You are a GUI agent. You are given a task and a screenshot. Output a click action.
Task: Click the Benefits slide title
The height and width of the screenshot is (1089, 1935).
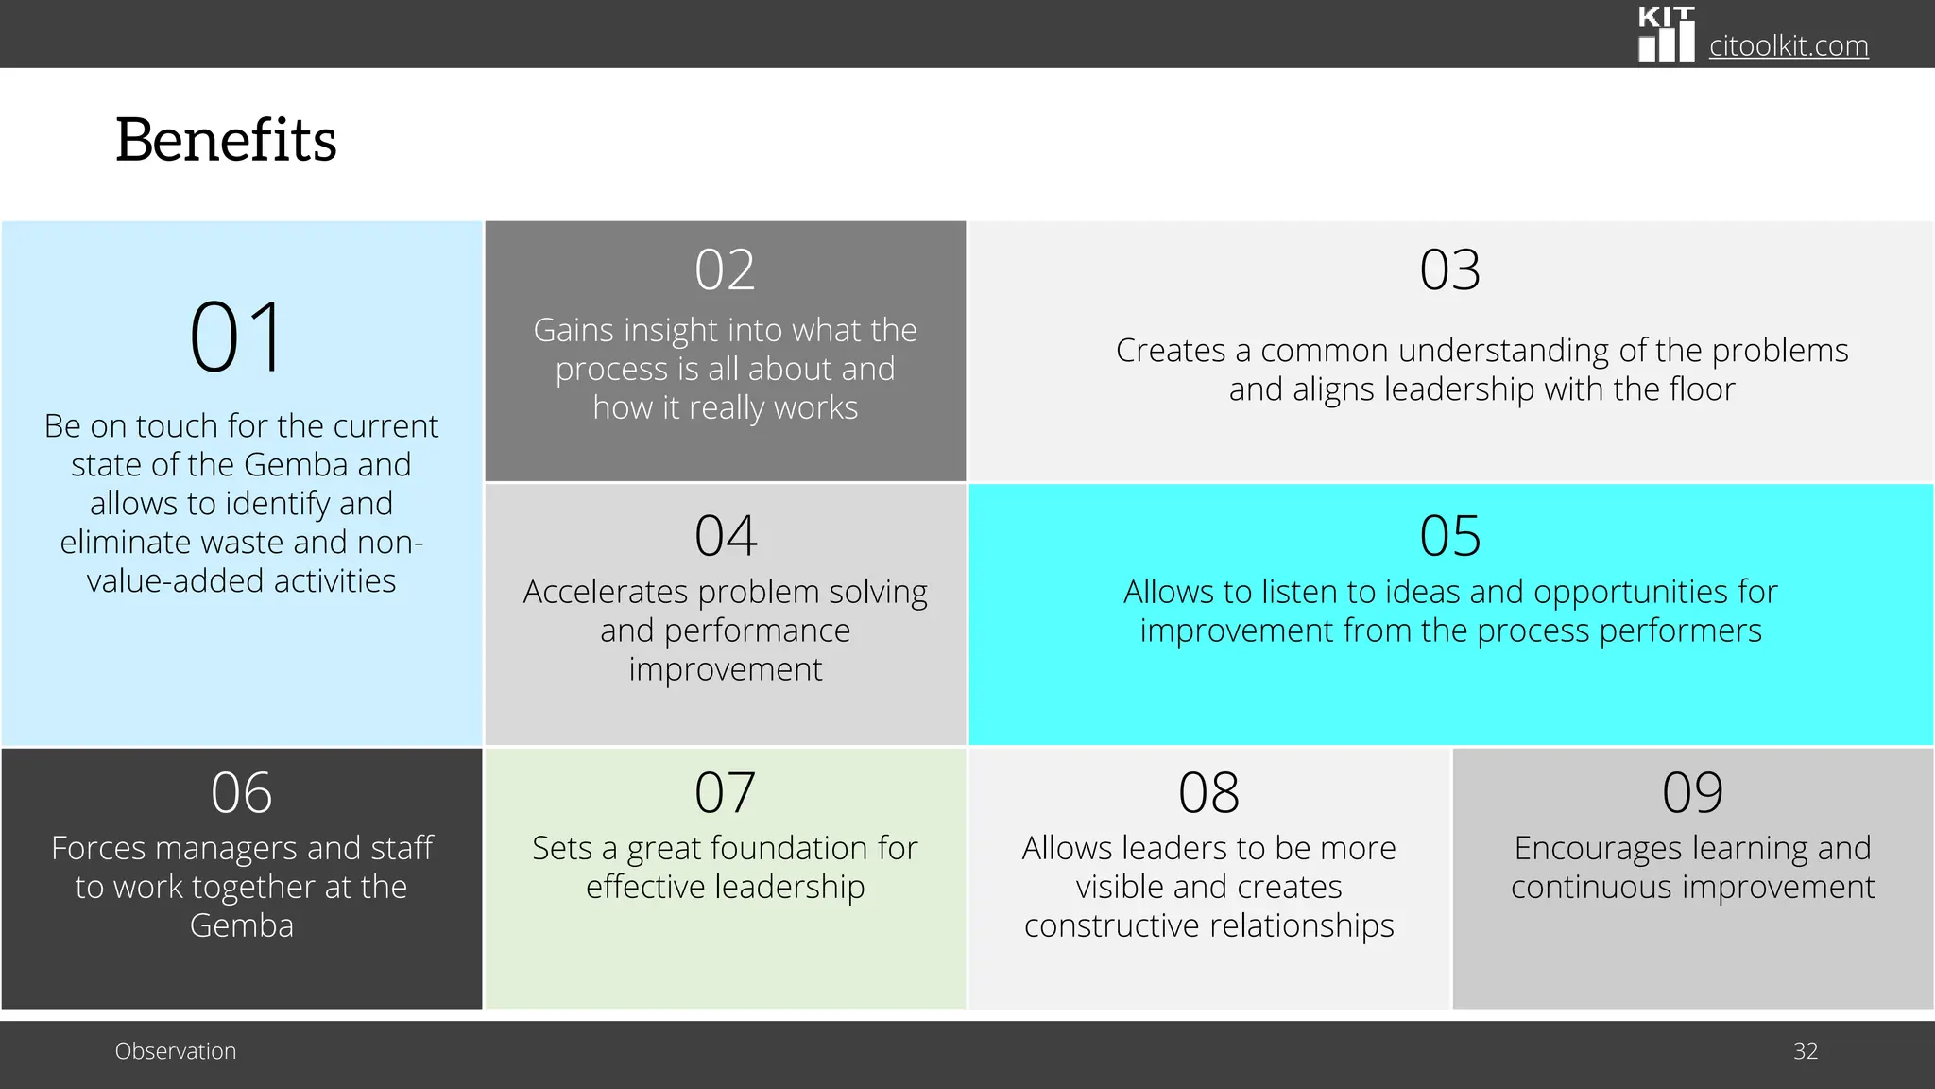(x=226, y=140)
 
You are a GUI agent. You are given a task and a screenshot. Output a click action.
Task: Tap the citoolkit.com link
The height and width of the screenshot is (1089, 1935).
(x=1788, y=45)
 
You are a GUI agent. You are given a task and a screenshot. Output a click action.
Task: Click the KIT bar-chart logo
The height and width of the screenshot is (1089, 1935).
(x=1666, y=36)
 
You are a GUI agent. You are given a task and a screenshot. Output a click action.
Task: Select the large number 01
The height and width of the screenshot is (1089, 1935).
(x=237, y=337)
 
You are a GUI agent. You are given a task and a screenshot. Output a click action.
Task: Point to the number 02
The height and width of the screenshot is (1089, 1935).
(x=725, y=269)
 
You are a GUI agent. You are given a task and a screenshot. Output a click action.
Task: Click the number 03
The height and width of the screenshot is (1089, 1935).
(x=1449, y=269)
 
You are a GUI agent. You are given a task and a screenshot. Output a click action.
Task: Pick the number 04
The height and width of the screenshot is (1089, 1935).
(x=725, y=535)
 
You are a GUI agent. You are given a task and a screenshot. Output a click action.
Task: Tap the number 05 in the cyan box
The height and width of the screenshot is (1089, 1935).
(x=1449, y=535)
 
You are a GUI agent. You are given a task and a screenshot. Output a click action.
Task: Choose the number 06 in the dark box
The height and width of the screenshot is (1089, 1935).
(x=241, y=792)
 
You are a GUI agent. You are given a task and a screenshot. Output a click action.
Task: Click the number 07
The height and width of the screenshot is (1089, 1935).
(x=725, y=792)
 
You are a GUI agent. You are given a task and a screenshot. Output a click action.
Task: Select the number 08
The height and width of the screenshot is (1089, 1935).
(x=1208, y=792)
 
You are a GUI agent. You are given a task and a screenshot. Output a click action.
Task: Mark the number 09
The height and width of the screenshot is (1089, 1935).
(x=1692, y=792)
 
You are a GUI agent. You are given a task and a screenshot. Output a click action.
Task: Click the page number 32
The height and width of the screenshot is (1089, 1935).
(x=1806, y=1051)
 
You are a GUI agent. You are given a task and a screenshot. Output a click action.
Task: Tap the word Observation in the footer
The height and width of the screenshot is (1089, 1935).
(x=176, y=1051)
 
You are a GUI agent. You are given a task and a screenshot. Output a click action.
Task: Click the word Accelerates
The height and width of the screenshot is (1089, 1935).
(x=606, y=592)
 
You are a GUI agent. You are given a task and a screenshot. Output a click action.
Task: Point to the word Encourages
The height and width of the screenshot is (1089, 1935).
(x=1589, y=849)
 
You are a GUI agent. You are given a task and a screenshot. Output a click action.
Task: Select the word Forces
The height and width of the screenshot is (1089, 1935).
(x=98, y=848)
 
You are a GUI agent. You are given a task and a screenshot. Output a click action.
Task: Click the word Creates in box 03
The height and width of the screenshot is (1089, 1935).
(x=1170, y=351)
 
